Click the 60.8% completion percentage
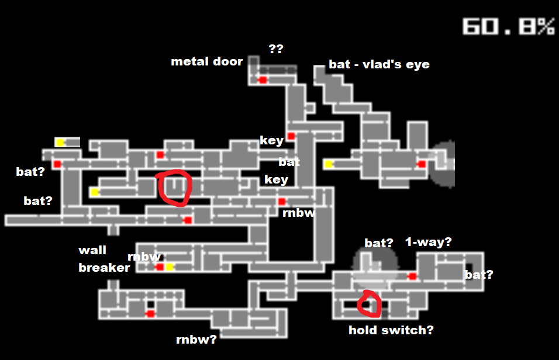[x=508, y=26]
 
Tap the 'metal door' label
[x=206, y=61]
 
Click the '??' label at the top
[x=275, y=49]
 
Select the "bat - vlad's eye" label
[x=379, y=64]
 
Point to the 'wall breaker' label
[x=103, y=259]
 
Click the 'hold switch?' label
[x=391, y=330]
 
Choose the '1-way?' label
[x=428, y=242]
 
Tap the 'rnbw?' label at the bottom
[x=196, y=340]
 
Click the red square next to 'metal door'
[x=263, y=79]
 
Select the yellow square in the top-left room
[x=60, y=142]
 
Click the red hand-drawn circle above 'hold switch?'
[x=370, y=304]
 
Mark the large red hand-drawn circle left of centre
[x=174, y=188]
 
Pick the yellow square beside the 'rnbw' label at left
[x=169, y=267]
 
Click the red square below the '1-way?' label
[x=412, y=276]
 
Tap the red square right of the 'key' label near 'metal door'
[x=291, y=136]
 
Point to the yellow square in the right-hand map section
[x=329, y=164]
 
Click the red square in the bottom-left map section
[x=150, y=314]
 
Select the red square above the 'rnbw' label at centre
[x=282, y=202]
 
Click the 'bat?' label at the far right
[x=478, y=275]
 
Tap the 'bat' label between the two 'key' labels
[x=289, y=161]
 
